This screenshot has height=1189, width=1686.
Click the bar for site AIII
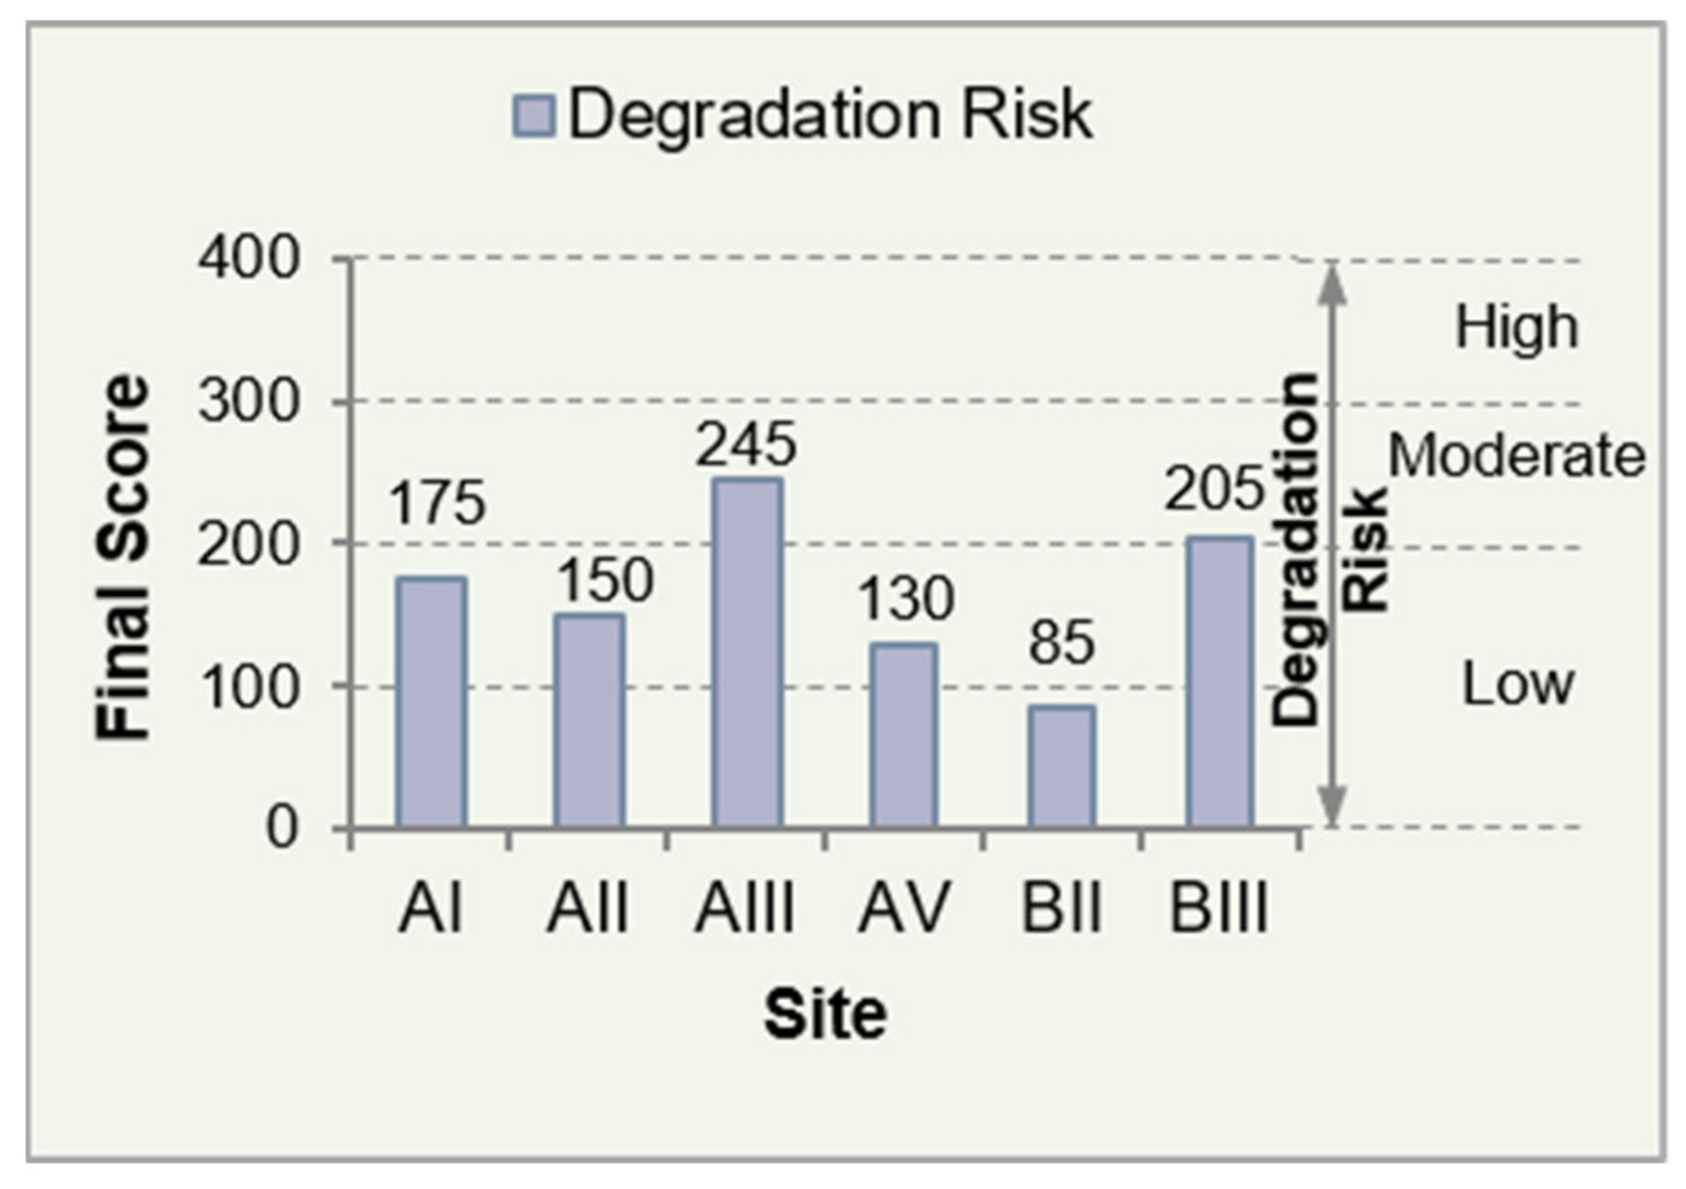[x=747, y=652]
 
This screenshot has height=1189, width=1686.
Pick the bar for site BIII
[x=1219, y=682]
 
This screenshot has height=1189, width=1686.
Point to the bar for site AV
[x=904, y=735]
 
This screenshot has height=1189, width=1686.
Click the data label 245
[x=745, y=444]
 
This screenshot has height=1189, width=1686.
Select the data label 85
[x=1062, y=642]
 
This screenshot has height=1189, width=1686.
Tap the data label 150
[x=606, y=580]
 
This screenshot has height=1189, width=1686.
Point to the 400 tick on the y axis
[x=248, y=258]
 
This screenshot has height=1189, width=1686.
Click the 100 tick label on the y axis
[x=248, y=687]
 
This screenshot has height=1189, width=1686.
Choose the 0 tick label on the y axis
[x=282, y=828]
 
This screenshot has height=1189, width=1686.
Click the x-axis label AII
[x=587, y=909]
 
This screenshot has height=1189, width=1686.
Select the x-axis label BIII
[x=1218, y=909]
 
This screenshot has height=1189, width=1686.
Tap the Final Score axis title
[x=123, y=557]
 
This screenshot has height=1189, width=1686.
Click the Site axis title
[x=825, y=1014]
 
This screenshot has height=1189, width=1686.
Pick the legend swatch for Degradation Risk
[x=534, y=117]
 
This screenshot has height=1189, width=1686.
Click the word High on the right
[x=1516, y=327]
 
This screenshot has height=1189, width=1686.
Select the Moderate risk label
[x=1516, y=456]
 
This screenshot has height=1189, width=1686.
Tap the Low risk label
[x=1517, y=685]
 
